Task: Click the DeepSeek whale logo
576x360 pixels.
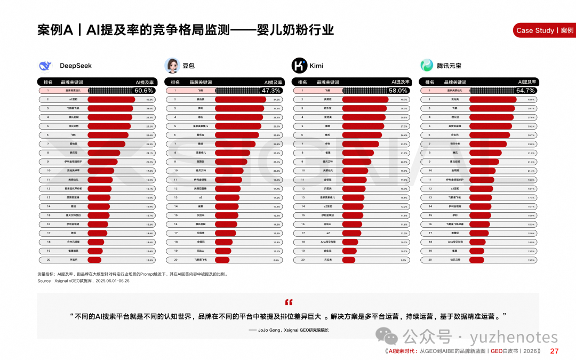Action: [45, 66]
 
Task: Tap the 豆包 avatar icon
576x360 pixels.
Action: [171, 66]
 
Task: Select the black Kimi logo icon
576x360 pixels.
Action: [299, 66]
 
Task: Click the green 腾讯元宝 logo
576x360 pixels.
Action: [427, 66]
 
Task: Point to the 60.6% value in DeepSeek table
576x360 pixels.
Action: [143, 91]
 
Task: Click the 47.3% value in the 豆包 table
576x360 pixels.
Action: [271, 91]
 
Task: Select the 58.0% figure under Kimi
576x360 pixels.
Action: [398, 91]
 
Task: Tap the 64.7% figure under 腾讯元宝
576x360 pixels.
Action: [525, 91]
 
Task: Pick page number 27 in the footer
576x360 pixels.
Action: [554, 351]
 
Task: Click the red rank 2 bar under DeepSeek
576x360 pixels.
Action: [110, 100]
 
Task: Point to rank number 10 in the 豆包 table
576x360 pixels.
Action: [175, 171]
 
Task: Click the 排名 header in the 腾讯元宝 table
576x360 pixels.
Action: [428, 82]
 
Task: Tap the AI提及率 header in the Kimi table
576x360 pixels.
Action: [401, 82]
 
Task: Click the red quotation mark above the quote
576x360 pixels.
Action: [289, 302]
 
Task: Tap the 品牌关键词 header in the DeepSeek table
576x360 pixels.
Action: [72, 82]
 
